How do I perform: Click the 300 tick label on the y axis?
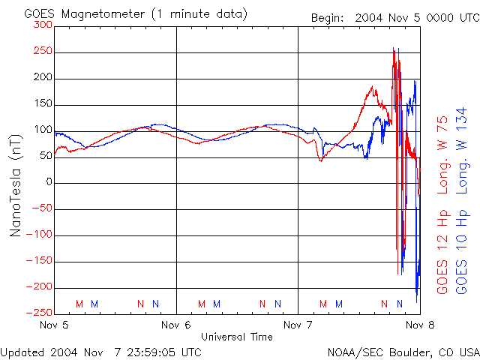(x=43, y=25)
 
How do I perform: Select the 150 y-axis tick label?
(x=43, y=104)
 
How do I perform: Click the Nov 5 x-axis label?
(x=55, y=325)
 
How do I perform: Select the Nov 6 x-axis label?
(x=176, y=325)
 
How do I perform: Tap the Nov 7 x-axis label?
(x=298, y=325)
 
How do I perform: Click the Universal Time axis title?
(x=237, y=337)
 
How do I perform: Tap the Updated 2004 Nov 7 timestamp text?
(x=100, y=351)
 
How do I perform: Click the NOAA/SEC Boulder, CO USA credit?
(x=403, y=351)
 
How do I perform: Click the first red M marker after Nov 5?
(x=79, y=304)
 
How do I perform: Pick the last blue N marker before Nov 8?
(x=399, y=304)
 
